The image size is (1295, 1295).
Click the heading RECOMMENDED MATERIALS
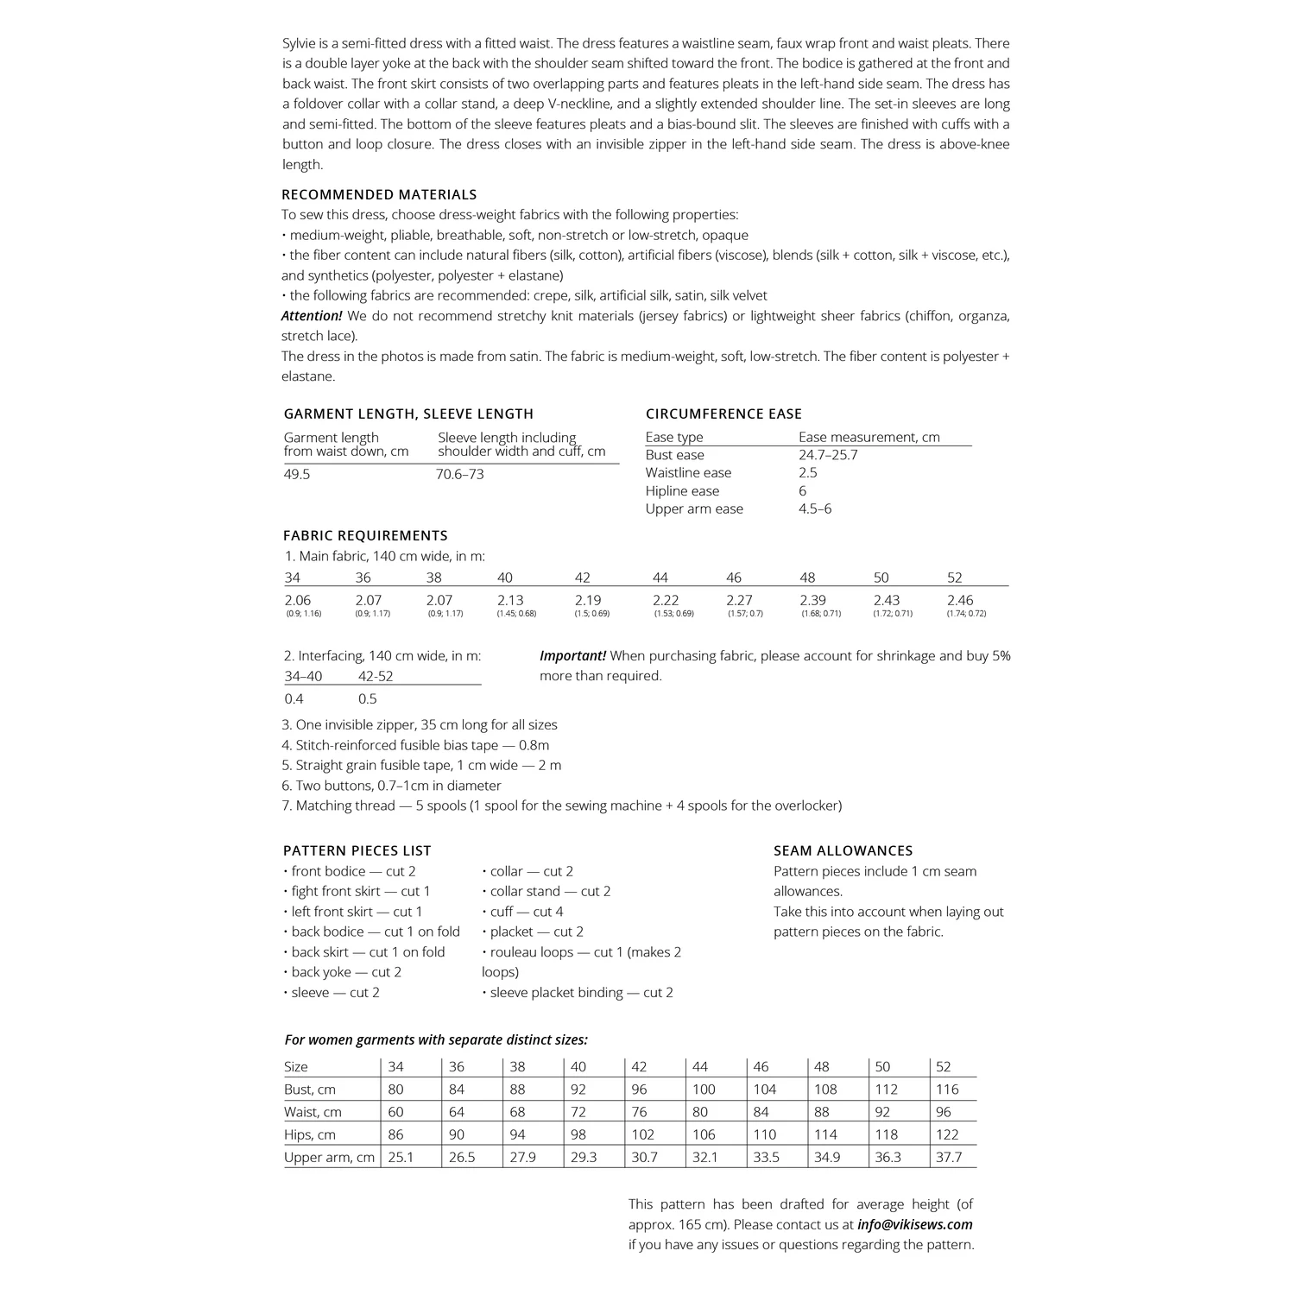[x=379, y=195]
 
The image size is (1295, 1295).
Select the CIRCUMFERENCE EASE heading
[x=723, y=414]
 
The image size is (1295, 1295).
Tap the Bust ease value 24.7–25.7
[x=828, y=455]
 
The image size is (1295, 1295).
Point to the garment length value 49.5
[x=297, y=474]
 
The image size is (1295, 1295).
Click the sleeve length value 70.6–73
[x=459, y=474]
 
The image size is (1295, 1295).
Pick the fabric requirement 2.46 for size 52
[x=960, y=600]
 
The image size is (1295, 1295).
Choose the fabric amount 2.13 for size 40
[x=510, y=600]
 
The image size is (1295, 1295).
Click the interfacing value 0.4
[x=294, y=699]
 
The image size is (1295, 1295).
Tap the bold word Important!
[x=572, y=656]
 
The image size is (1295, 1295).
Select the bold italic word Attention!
[x=312, y=316]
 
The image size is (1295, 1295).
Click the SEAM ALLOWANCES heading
[x=843, y=851]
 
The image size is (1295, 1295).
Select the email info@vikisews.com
[x=915, y=1224]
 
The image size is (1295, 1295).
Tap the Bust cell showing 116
[x=947, y=1090]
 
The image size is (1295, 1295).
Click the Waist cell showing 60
[x=395, y=1112]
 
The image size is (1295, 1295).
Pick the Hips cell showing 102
[x=643, y=1134]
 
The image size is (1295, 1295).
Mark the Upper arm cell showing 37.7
[x=948, y=1157]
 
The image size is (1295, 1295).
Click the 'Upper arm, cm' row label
[x=329, y=1157]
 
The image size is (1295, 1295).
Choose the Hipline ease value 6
[x=803, y=491]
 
